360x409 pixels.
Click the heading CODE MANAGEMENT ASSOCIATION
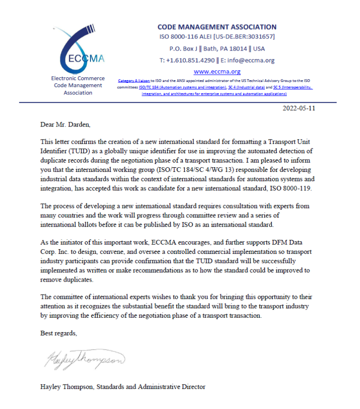coord(217,27)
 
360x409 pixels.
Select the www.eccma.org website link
coord(217,72)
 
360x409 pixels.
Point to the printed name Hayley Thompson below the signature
coord(67,387)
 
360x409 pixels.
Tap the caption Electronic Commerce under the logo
coord(78,78)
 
